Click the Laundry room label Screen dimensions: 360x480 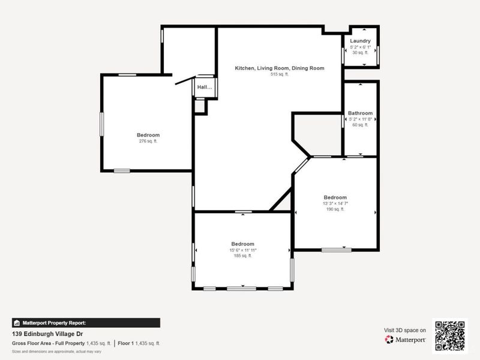[361, 41]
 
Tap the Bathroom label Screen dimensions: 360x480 [360, 113]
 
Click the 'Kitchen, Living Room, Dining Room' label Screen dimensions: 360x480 [279, 68]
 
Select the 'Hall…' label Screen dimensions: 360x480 [205, 87]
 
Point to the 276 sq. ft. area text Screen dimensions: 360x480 [148, 141]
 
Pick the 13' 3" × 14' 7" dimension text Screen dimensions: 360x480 [335, 203]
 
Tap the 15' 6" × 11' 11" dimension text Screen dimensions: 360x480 [242, 250]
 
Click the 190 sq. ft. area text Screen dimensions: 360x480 [335, 209]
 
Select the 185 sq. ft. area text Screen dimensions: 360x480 [242, 256]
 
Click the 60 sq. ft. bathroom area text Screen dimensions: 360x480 [360, 125]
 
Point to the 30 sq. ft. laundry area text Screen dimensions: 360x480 [361, 53]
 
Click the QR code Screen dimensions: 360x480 [450, 335]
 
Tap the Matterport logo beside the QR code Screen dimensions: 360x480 [406, 339]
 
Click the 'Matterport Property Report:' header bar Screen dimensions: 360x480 [86, 322]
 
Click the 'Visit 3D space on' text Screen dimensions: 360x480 [405, 330]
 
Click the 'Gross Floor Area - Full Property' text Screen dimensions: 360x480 [48, 343]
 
